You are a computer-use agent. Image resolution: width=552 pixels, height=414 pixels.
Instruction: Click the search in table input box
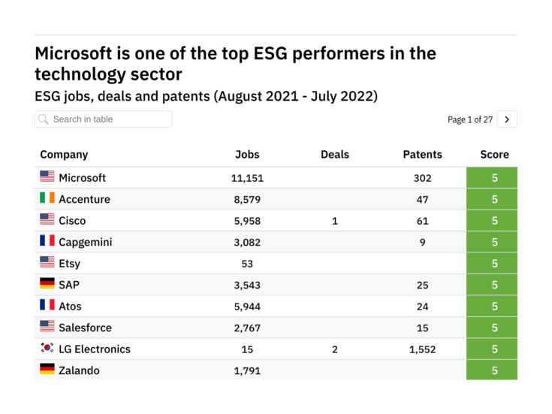(103, 119)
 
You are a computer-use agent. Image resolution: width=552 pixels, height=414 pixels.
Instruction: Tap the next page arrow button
(507, 119)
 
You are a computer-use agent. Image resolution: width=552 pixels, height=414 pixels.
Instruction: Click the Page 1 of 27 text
(469, 119)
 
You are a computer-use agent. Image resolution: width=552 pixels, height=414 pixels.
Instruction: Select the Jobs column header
(247, 155)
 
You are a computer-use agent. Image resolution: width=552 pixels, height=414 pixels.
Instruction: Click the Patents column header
(422, 155)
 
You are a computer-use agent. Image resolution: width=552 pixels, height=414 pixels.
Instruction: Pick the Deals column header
(334, 155)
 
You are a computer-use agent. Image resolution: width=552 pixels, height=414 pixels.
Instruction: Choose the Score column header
(494, 155)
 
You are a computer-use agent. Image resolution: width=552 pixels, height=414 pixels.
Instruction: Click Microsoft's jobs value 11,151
(247, 178)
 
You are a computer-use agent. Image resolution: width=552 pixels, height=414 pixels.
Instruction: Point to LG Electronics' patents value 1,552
(422, 349)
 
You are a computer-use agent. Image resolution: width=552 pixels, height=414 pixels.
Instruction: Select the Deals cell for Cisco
(334, 221)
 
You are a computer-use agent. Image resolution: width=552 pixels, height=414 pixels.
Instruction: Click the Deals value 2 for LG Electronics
(334, 349)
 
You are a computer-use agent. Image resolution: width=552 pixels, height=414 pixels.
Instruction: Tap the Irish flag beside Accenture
(47, 198)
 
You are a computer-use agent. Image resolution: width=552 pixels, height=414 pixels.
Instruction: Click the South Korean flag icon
(47, 349)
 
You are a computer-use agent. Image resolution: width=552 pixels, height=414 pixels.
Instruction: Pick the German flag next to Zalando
(47, 370)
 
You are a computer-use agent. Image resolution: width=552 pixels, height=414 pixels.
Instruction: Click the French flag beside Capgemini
(47, 241)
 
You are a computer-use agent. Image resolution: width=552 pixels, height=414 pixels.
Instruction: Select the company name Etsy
(69, 264)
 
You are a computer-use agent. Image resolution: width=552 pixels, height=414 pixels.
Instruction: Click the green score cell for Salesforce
(494, 328)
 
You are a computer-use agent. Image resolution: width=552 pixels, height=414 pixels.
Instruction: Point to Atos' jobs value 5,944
(247, 307)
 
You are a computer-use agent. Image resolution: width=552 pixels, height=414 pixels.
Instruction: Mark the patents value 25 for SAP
(422, 285)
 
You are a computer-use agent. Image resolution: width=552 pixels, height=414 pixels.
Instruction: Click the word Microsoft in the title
(79, 54)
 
